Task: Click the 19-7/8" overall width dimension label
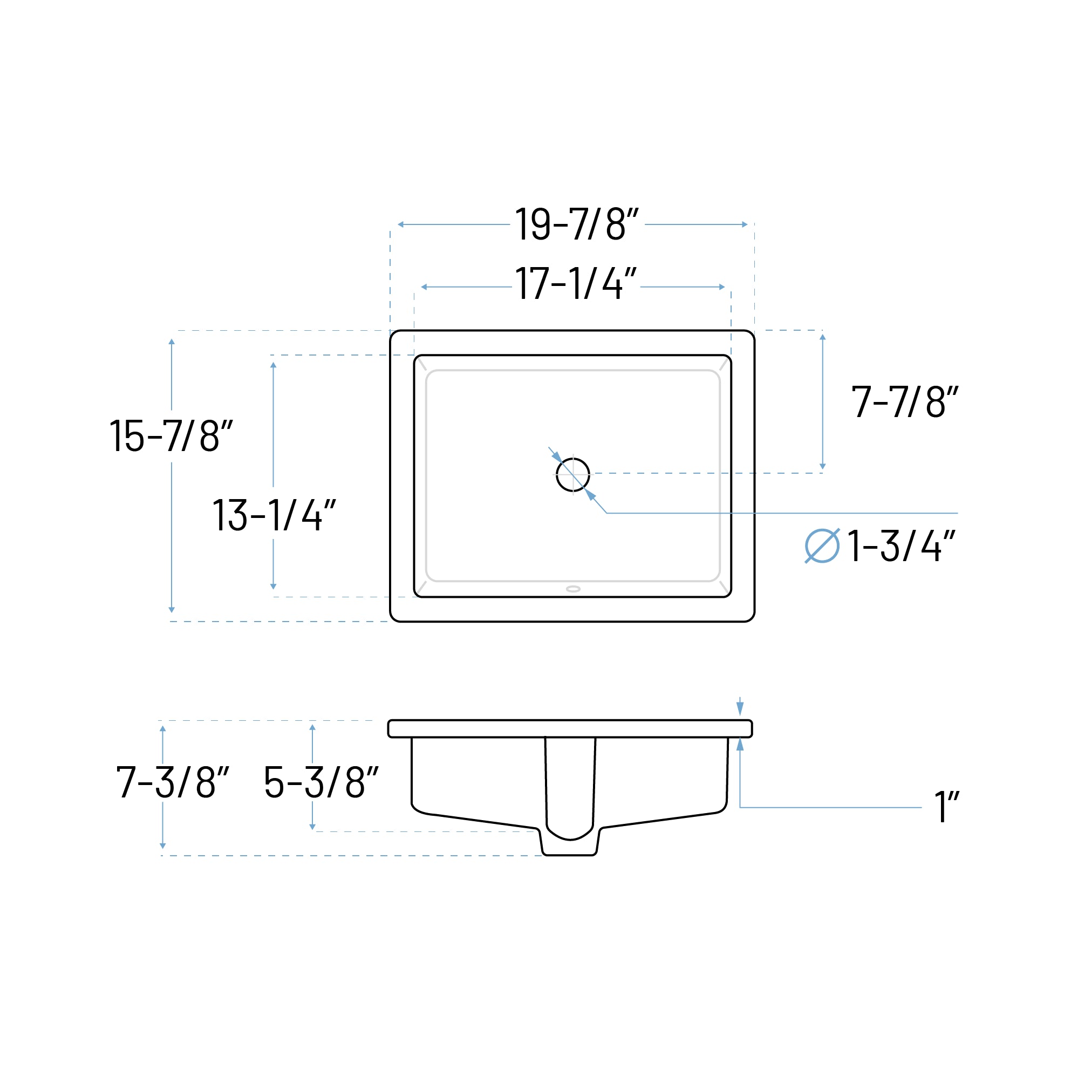(x=577, y=224)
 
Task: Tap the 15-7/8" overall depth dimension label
(x=170, y=436)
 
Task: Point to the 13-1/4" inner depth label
(x=274, y=515)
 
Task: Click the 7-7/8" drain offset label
(x=904, y=401)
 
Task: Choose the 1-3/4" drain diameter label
(x=901, y=546)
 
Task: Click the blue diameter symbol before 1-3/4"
(x=822, y=546)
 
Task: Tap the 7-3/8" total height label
(x=172, y=782)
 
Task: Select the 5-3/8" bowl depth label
(x=321, y=782)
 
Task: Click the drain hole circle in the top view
(x=572, y=474)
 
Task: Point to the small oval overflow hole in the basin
(x=573, y=589)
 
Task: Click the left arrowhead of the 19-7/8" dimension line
(x=401, y=224)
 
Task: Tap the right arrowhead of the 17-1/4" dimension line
(x=722, y=287)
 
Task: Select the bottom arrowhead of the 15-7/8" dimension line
(x=171, y=610)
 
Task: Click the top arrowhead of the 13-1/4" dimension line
(x=274, y=365)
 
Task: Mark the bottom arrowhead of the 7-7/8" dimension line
(x=823, y=466)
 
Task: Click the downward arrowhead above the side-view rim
(x=740, y=708)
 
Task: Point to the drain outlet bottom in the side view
(x=569, y=854)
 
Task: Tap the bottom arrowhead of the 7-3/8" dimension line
(x=162, y=846)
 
